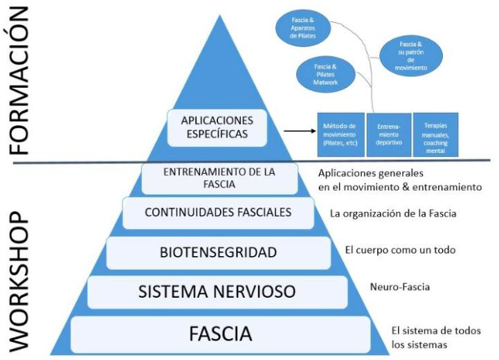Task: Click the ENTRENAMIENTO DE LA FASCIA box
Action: [x=219, y=178]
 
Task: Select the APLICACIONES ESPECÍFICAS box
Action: [x=217, y=126]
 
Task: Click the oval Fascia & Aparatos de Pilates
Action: [x=303, y=26]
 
